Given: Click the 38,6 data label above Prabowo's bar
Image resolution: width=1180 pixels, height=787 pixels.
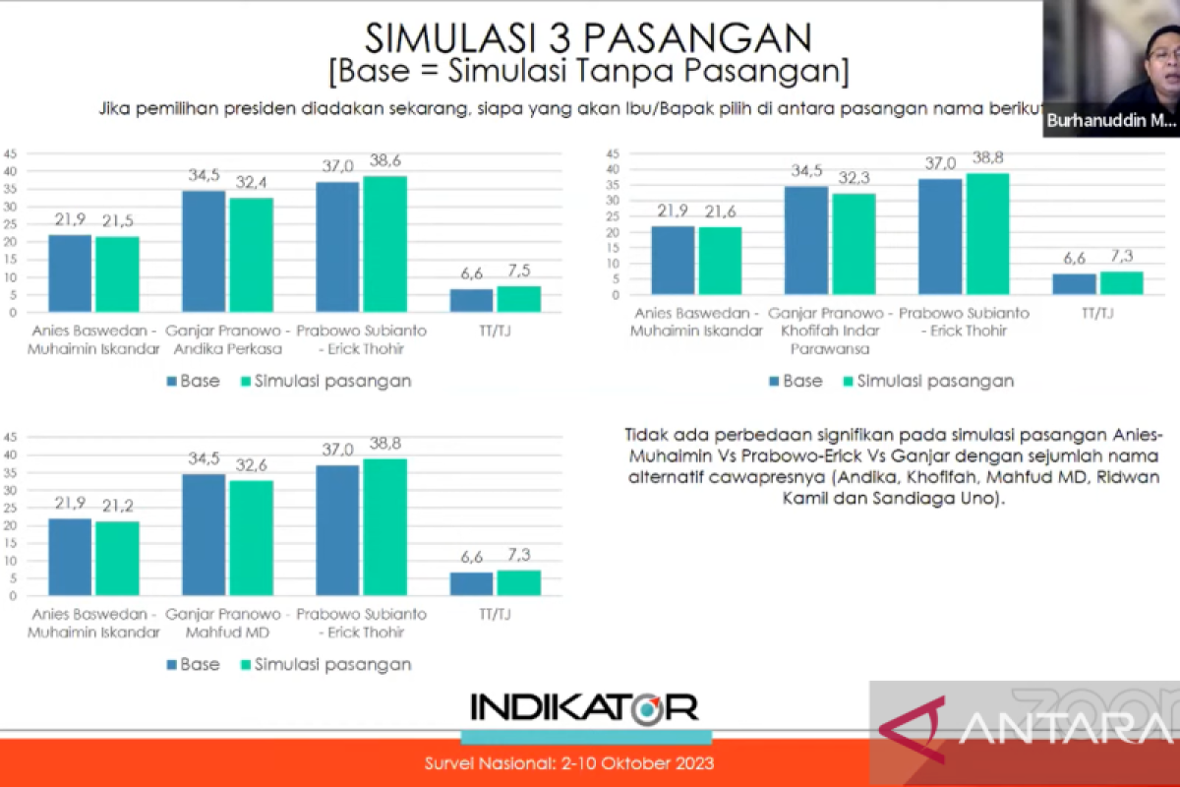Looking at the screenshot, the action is pyautogui.click(x=385, y=160).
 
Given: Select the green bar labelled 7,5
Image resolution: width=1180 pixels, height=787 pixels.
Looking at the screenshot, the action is pyautogui.click(x=519, y=299).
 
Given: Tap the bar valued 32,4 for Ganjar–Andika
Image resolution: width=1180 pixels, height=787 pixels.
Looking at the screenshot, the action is pyautogui.click(x=252, y=255).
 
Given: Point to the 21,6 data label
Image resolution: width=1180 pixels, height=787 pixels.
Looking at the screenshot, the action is pyautogui.click(x=720, y=212).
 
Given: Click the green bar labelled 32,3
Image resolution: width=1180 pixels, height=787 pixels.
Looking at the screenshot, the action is pyautogui.click(x=854, y=244).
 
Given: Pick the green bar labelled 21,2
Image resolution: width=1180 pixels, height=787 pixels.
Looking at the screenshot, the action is pyautogui.click(x=117, y=559).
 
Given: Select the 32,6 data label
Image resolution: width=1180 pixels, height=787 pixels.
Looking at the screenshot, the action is pyautogui.click(x=252, y=465).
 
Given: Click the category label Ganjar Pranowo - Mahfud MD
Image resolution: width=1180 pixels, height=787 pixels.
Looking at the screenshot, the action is pyautogui.click(x=227, y=623).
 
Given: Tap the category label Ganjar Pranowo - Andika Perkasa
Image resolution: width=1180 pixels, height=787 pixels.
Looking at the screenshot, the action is pyautogui.click(x=227, y=339).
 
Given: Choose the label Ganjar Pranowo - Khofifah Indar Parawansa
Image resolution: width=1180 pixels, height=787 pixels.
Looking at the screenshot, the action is pyautogui.click(x=830, y=331).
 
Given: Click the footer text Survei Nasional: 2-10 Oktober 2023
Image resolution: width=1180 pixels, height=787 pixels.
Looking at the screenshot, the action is pyautogui.click(x=569, y=763).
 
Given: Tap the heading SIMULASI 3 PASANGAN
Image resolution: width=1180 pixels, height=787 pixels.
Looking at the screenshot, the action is pyautogui.click(x=588, y=38).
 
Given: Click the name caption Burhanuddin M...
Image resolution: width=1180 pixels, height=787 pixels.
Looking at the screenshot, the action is pyautogui.click(x=1111, y=121).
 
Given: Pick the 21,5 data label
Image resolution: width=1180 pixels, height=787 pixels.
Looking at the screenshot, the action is pyautogui.click(x=117, y=220).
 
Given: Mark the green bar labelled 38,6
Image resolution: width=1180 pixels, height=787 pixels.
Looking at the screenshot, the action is pyautogui.click(x=385, y=244).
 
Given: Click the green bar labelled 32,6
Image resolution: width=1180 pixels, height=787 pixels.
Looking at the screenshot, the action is pyautogui.click(x=252, y=538).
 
